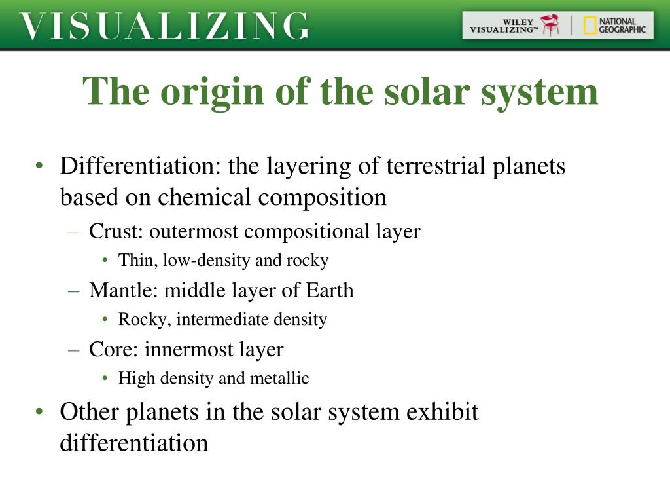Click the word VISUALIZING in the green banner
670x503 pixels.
[164, 26]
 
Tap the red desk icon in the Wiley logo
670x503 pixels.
[550, 25]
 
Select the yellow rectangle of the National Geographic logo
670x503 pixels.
[590, 26]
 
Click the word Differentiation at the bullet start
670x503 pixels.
[140, 166]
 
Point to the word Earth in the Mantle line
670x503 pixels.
[330, 290]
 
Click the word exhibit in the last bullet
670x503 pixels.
[442, 411]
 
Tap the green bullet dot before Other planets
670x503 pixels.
[40, 412]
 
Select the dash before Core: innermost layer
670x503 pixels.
[74, 350]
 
